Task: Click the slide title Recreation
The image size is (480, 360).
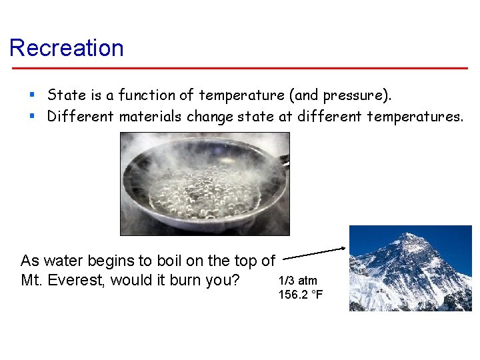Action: pyautogui.click(x=67, y=48)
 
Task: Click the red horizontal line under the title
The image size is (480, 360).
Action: pyautogui.click(x=240, y=68)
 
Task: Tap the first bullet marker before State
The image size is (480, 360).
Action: pyautogui.click(x=31, y=95)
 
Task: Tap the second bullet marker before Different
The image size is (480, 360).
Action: pyautogui.click(x=31, y=117)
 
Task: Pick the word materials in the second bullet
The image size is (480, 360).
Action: pyautogui.click(x=151, y=117)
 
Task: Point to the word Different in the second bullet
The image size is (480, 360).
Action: pyautogui.click(x=81, y=117)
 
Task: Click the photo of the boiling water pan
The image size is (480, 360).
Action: pyautogui.click(x=205, y=183)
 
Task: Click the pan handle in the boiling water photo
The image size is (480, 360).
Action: pyautogui.click(x=284, y=161)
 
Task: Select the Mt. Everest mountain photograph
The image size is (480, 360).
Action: pyautogui.click(x=410, y=268)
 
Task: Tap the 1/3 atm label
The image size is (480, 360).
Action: pyautogui.click(x=298, y=281)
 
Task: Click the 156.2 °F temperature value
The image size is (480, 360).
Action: pyautogui.click(x=301, y=294)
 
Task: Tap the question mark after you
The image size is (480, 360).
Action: pyautogui.click(x=236, y=280)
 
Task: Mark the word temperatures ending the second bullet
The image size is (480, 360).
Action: pyautogui.click(x=416, y=117)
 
